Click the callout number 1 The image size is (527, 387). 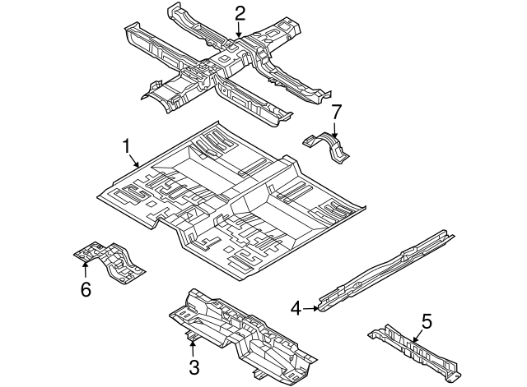point(127,146)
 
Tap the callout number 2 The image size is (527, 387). point(240,12)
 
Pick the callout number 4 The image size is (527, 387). point(296,308)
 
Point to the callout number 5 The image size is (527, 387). point(426,319)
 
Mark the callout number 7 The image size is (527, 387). point(335,111)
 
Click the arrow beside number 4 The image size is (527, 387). point(312,309)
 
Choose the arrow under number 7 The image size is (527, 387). point(335,127)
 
